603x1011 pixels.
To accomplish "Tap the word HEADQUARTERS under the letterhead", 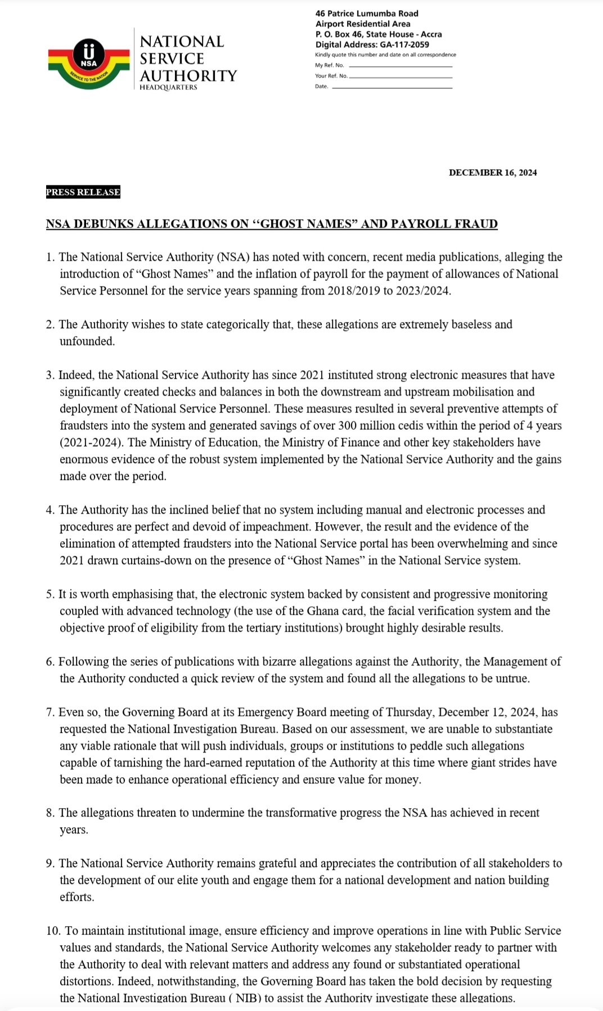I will coord(168,88).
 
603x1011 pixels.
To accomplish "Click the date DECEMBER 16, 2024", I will coord(493,173).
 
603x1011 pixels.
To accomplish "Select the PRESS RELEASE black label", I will coord(83,192).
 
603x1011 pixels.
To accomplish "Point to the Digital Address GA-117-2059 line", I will coord(372,44).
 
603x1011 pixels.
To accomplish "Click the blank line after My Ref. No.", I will coord(400,66).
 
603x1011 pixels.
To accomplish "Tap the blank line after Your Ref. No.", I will coord(400,76).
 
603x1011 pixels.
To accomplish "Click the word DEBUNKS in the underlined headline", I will coord(103,224).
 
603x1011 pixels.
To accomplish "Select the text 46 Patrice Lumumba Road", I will coord(367,13).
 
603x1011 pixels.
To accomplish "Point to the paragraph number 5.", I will coord(50,595).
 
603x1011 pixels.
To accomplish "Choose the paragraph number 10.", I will coord(53,931).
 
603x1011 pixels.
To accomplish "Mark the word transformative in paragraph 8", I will coord(303,813).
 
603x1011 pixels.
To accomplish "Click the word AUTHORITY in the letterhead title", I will coord(188,76).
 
